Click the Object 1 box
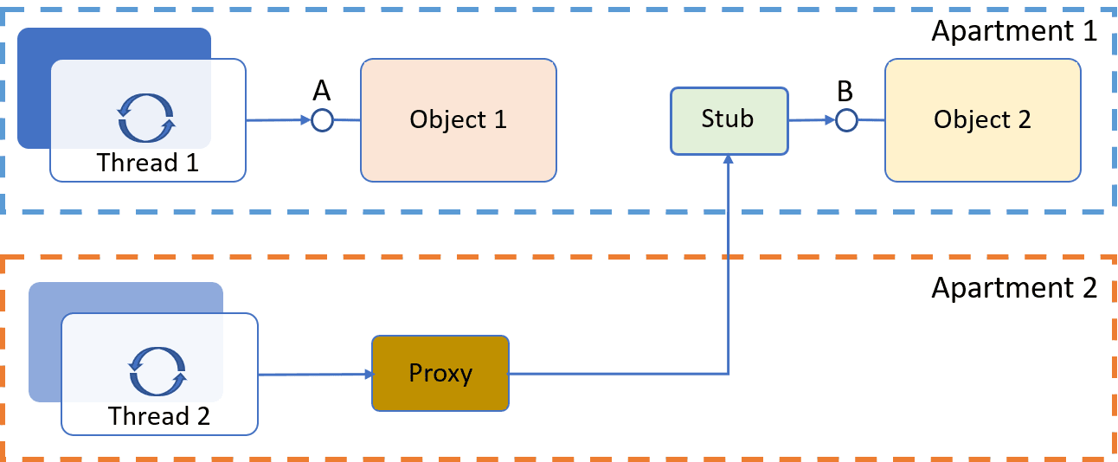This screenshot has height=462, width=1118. (458, 120)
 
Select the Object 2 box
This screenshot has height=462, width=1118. (982, 120)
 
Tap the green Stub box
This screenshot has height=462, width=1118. (729, 119)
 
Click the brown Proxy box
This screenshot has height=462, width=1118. (440, 374)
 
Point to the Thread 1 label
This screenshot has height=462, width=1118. (148, 163)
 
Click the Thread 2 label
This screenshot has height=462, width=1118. (159, 416)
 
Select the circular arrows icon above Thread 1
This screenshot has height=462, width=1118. (146, 119)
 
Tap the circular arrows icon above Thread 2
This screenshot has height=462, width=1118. (157, 371)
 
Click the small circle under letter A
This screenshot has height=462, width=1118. (322, 120)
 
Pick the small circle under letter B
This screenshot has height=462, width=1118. (845, 120)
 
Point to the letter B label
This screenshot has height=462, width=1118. (845, 91)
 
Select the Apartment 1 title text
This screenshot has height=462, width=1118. (1013, 32)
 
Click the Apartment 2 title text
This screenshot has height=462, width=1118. (1013, 287)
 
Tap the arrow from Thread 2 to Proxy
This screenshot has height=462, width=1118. (315, 375)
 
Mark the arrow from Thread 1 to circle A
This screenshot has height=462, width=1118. (279, 120)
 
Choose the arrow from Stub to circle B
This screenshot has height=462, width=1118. (812, 120)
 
